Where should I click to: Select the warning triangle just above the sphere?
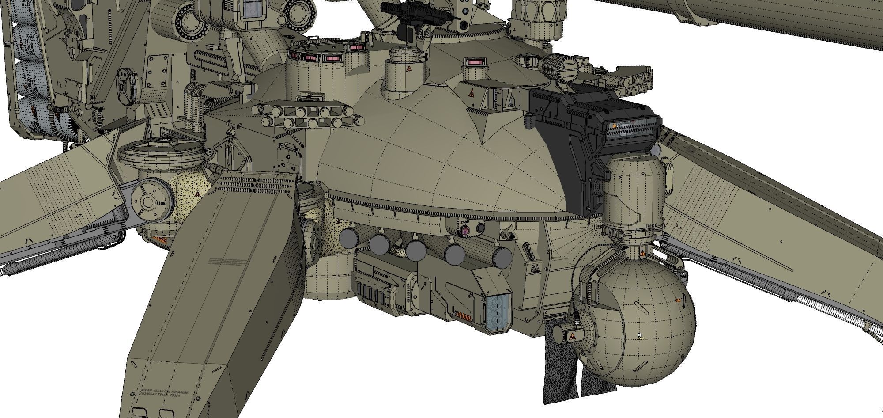tap(642, 254)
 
